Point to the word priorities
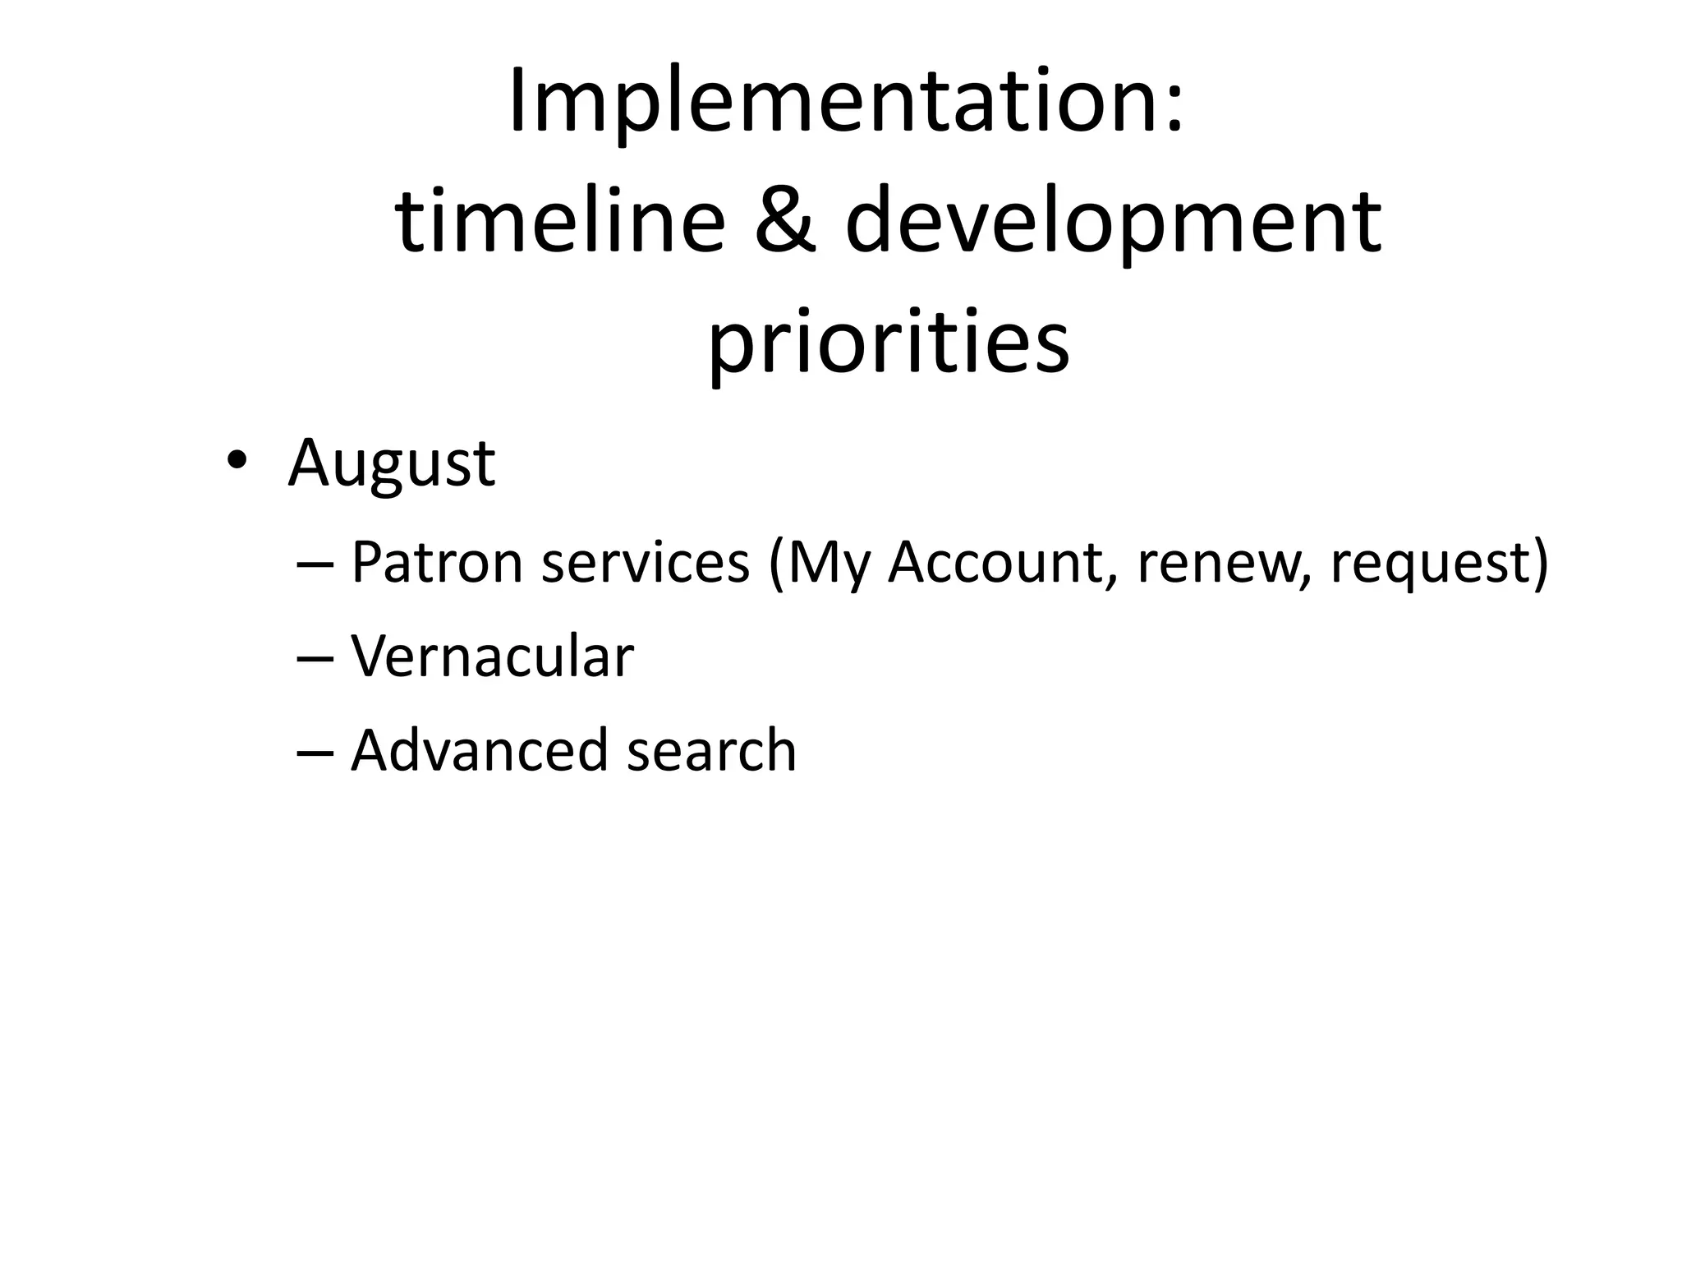coord(889,340)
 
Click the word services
coord(646,564)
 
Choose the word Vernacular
coord(492,657)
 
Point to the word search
coord(711,751)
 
